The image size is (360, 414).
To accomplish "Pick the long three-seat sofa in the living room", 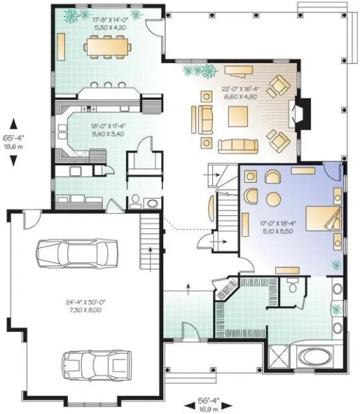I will tap(237, 145).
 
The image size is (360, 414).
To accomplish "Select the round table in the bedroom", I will tap(275, 198).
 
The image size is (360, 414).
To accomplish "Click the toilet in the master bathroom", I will tap(291, 285).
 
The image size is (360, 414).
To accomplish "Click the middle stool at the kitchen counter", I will tap(107, 84).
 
